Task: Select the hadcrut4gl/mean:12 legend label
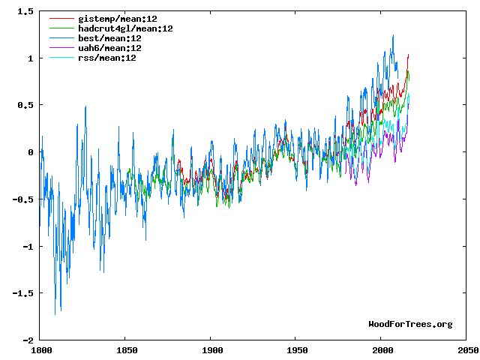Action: click(x=125, y=28)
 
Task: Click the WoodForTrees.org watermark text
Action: click(x=410, y=324)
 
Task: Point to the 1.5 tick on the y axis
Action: click(x=25, y=11)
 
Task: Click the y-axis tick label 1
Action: click(x=30, y=58)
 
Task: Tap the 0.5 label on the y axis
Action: click(x=25, y=105)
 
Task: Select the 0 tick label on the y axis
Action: click(x=30, y=152)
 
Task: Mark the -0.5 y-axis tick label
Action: click(x=22, y=199)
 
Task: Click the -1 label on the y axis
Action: click(x=28, y=246)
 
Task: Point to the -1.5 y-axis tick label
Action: click(x=22, y=293)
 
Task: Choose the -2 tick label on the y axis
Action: click(x=28, y=340)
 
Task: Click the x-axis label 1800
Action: click(x=40, y=350)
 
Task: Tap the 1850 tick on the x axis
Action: click(x=126, y=350)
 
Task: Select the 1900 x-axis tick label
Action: click(x=211, y=350)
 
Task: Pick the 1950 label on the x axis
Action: click(x=296, y=350)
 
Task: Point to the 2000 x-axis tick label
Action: click(x=382, y=350)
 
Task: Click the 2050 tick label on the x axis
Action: click(x=466, y=350)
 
